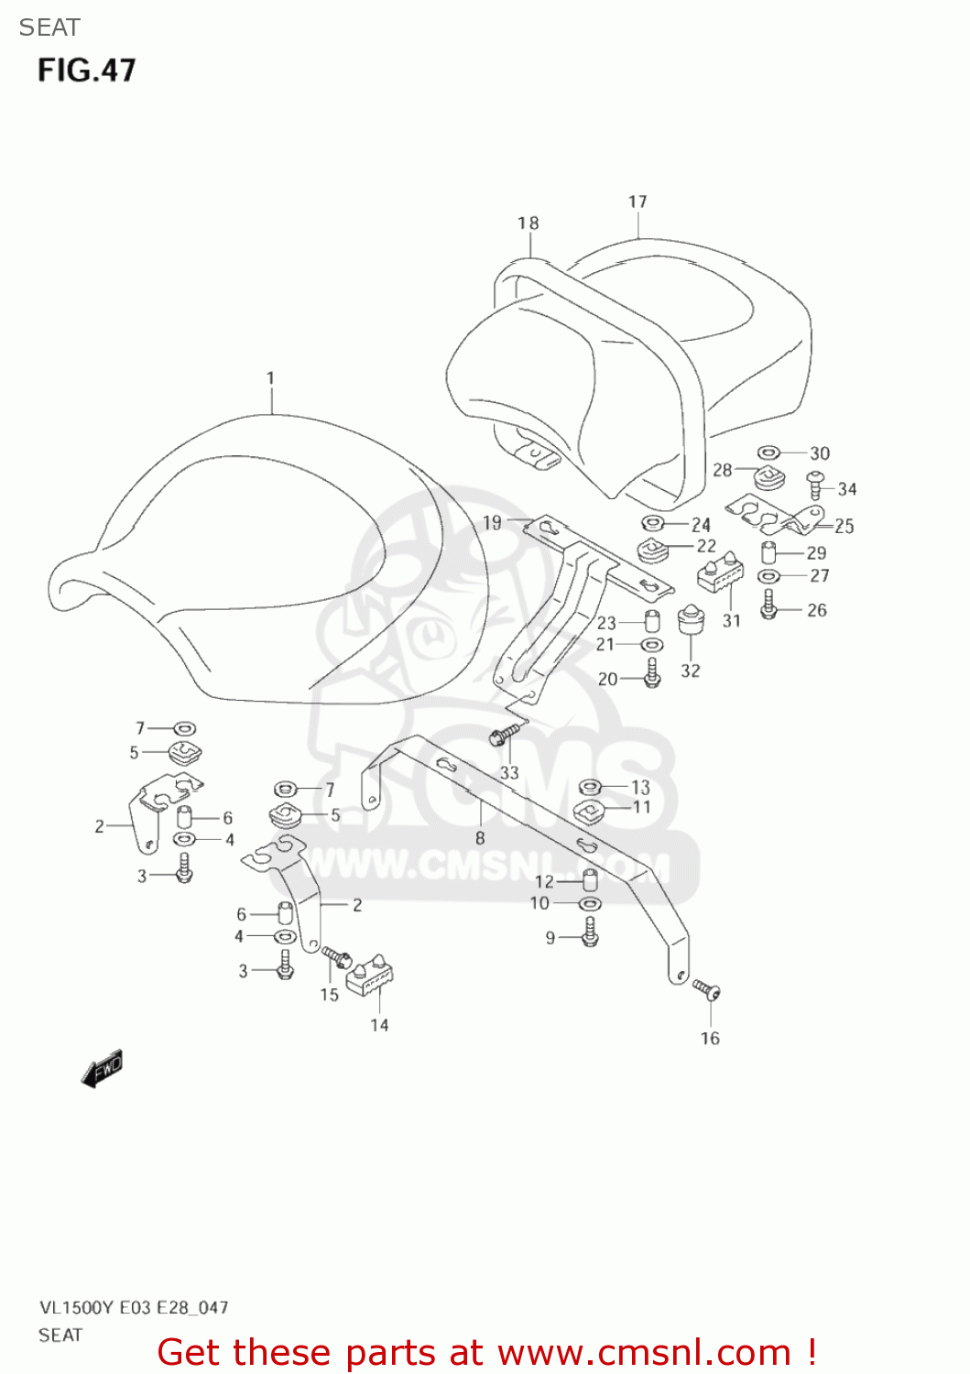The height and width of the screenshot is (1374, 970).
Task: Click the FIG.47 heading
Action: click(86, 71)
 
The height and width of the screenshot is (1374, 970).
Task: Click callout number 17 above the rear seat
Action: click(638, 202)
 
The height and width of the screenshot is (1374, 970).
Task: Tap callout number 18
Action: click(529, 223)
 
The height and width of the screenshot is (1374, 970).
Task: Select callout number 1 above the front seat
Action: click(270, 377)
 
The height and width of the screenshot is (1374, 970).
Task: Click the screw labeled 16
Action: click(707, 989)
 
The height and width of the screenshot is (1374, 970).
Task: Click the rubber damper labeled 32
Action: click(691, 620)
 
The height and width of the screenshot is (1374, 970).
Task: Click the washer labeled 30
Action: click(768, 453)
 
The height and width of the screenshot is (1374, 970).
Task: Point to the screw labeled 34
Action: click(815, 485)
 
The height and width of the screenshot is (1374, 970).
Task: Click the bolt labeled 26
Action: click(768, 605)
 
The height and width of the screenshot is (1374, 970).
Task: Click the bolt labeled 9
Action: click(590, 934)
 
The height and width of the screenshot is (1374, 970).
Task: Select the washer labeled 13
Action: click(591, 786)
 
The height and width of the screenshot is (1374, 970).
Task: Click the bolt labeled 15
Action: click(337, 957)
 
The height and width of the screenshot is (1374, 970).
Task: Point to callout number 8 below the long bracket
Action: click(480, 838)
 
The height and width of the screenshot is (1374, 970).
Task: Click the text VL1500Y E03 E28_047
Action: click(134, 1307)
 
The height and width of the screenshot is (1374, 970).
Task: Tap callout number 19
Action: click(492, 522)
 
